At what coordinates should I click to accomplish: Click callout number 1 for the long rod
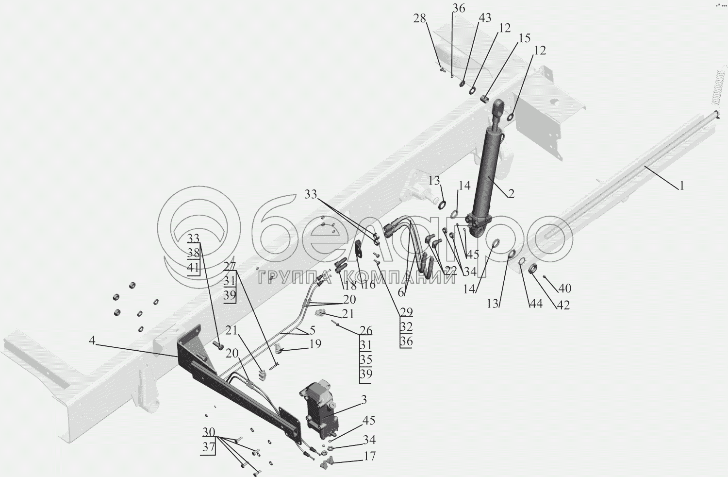pos(681,186)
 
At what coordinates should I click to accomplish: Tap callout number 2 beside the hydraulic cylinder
pos(511,194)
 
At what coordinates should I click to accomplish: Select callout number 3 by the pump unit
pos(364,400)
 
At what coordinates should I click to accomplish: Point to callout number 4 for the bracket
pos(92,341)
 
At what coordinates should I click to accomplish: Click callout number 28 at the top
pos(420,18)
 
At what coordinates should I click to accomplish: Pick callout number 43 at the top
pos(485,17)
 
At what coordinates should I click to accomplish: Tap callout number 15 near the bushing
pos(524,38)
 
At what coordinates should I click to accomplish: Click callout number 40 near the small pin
pos(565,288)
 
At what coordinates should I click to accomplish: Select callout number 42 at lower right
pos(563,305)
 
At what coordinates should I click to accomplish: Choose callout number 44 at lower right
pos(536,303)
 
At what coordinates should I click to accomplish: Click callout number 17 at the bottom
pos(369,456)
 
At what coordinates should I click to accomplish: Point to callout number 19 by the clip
pos(315,343)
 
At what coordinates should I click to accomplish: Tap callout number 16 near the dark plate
pos(369,285)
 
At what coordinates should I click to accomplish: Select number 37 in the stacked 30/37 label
pos(208,447)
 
